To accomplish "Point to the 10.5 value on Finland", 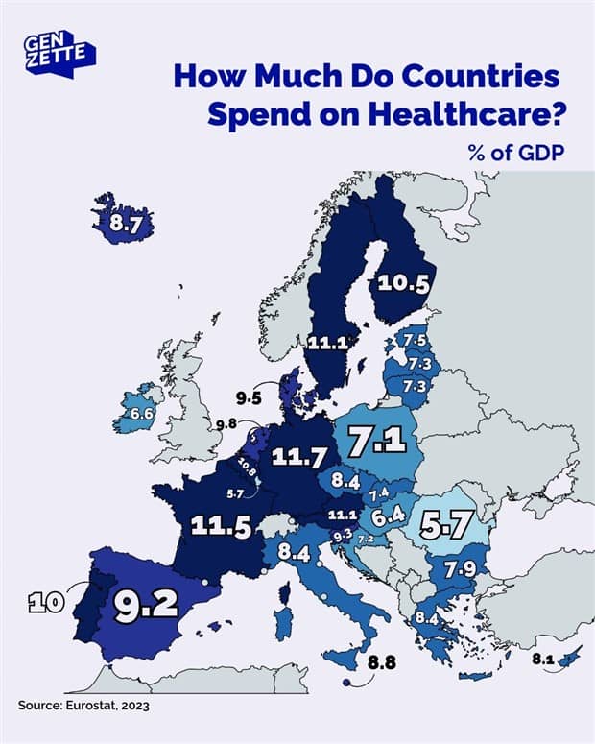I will pos(402,281).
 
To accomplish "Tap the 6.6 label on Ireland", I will pos(142,413).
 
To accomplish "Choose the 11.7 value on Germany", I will pos(298,458).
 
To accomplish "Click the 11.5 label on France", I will pos(221,526).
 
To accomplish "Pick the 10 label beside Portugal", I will pos(44,603).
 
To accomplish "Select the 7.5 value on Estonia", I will pos(416,342).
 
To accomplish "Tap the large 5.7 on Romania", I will pos(448,525).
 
